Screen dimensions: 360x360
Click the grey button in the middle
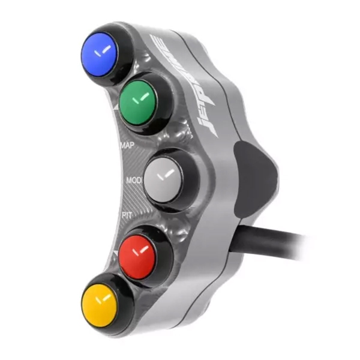tap(164, 177)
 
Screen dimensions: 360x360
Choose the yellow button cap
tap(101, 298)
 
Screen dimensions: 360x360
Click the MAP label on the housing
tap(127, 146)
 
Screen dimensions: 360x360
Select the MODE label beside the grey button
tap(133, 180)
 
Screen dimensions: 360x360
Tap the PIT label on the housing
tap(127, 214)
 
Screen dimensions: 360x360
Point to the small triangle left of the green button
tap(114, 108)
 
